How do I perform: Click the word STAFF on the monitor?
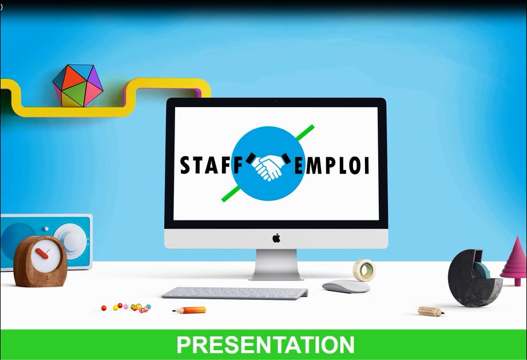211,165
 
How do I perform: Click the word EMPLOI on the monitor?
332,165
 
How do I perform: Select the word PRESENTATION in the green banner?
266,345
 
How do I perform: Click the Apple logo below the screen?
276,238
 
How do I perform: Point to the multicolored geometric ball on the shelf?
77,86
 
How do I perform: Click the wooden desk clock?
40,262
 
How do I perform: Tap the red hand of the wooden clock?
42,254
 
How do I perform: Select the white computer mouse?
346,286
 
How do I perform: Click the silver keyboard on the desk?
235,293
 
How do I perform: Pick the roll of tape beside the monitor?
364,270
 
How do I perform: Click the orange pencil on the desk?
189,310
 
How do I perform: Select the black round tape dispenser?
474,278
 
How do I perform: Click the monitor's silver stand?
276,264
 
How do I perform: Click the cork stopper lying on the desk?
431,311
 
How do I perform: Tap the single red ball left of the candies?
104,308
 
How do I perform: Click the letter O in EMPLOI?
355,165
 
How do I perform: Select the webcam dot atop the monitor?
276,101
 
